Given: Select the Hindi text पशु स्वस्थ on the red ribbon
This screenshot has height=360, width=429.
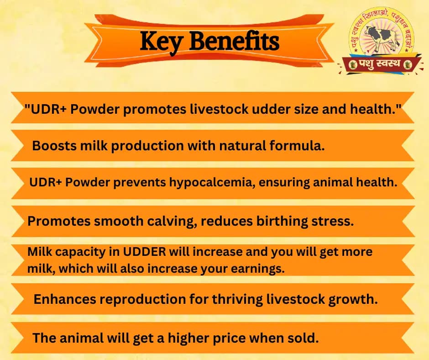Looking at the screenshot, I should (380, 64).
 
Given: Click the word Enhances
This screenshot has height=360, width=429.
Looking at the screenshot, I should (65, 300).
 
